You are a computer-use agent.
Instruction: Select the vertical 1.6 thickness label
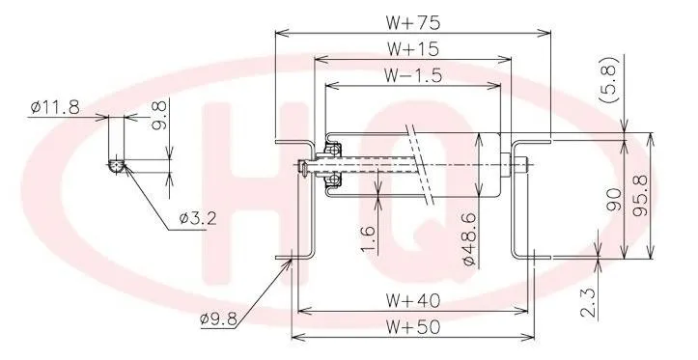368,235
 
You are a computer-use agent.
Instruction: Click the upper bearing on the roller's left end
333,150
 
